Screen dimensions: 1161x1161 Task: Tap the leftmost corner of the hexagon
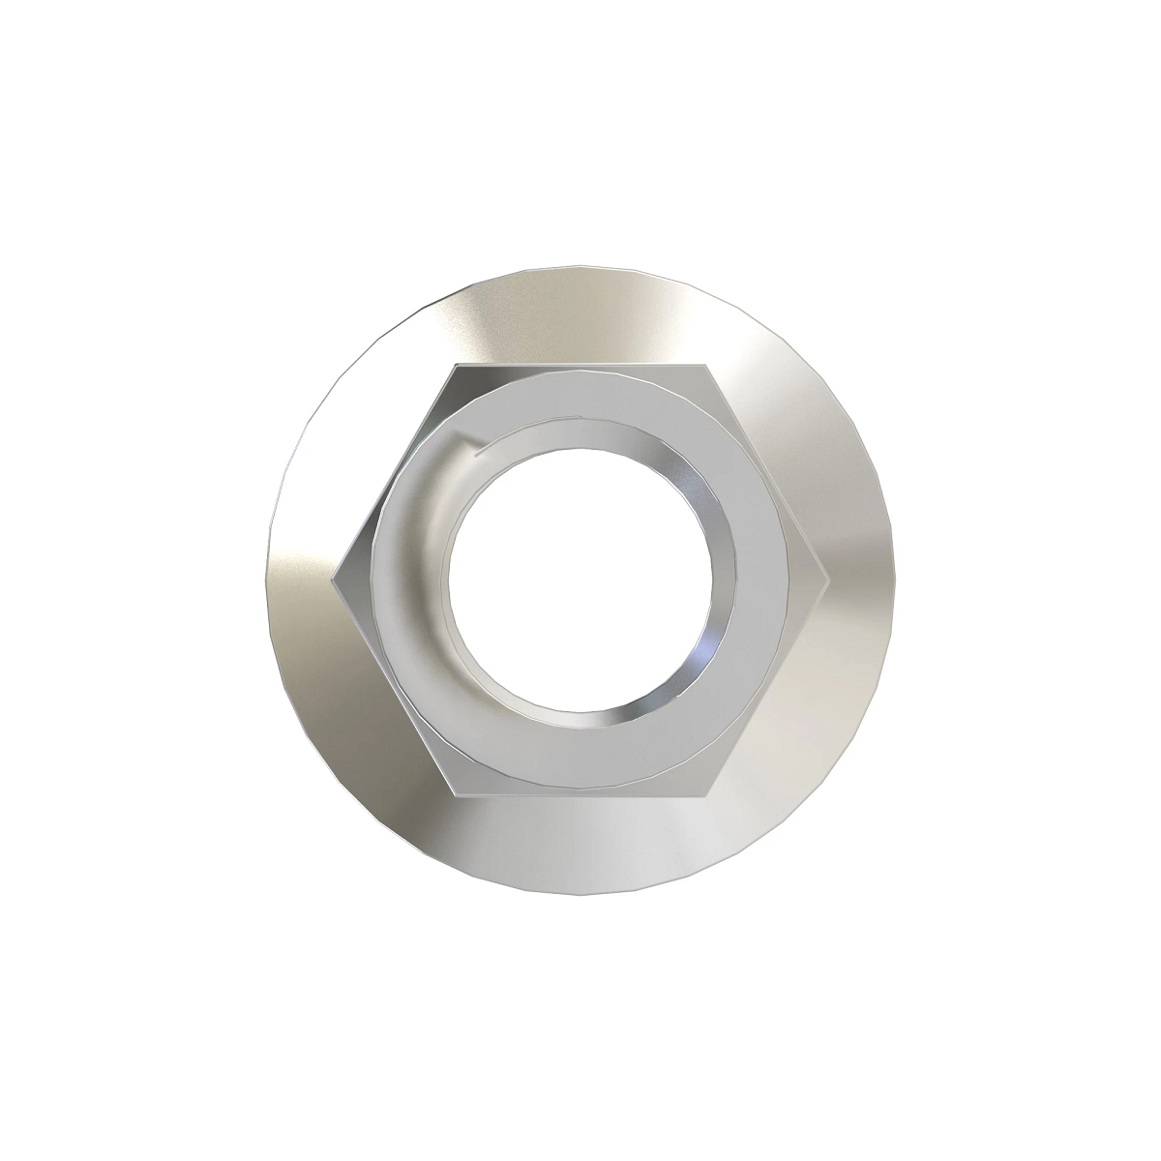[x=331, y=580]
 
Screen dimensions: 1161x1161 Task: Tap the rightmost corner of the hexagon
[x=830, y=580]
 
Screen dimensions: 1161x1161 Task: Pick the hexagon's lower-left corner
[x=456, y=796]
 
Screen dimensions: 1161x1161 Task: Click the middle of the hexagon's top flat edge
[x=580, y=365]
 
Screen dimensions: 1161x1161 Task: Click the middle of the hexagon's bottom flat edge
[x=580, y=796]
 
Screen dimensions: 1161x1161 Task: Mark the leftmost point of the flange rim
[x=265, y=580]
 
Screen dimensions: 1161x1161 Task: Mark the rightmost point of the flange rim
[x=896, y=580]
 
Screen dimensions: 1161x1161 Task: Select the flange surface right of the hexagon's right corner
[x=863, y=580]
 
